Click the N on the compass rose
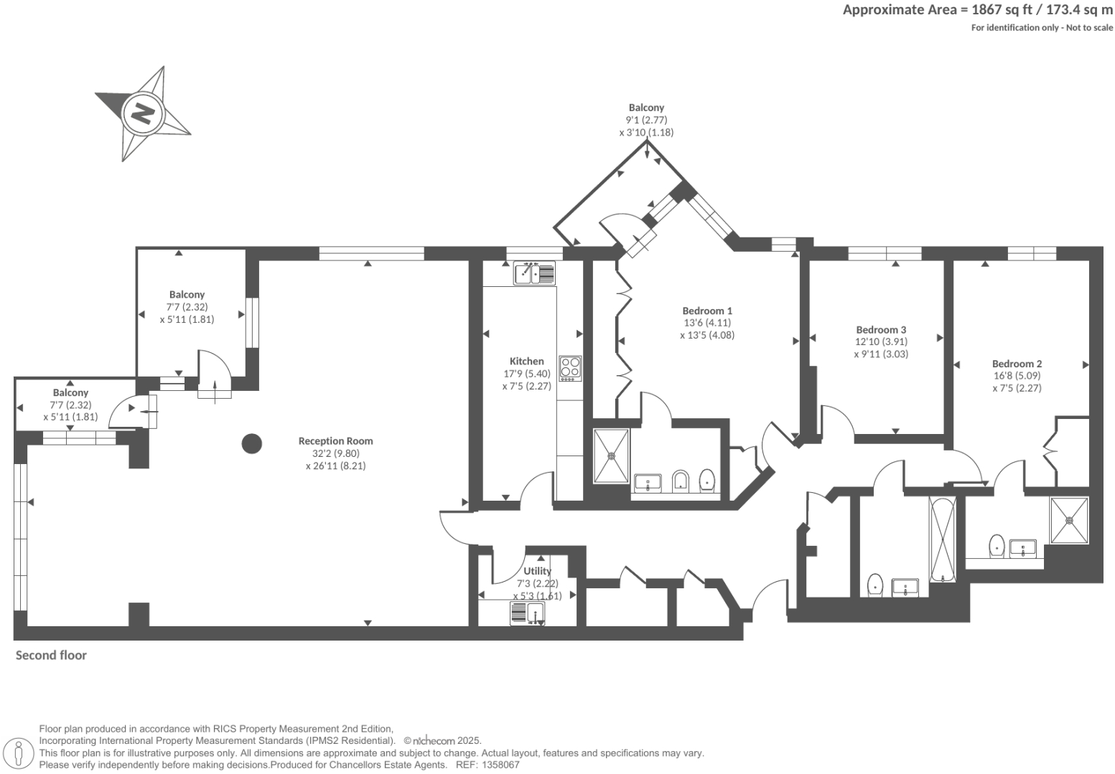click(x=143, y=113)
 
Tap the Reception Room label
click(x=335, y=441)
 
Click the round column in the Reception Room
click(x=251, y=444)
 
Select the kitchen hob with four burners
click(x=570, y=368)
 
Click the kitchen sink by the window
click(x=533, y=273)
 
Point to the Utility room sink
click(x=528, y=614)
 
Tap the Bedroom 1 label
click(x=706, y=311)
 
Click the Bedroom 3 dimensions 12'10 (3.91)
click(x=880, y=342)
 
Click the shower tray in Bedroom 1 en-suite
click(x=611, y=456)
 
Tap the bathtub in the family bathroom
click(x=942, y=539)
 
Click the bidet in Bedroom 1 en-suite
click(x=680, y=481)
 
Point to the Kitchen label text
click(x=526, y=362)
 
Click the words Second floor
click(x=51, y=655)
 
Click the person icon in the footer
click(x=19, y=753)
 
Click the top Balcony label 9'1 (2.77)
click(x=646, y=121)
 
